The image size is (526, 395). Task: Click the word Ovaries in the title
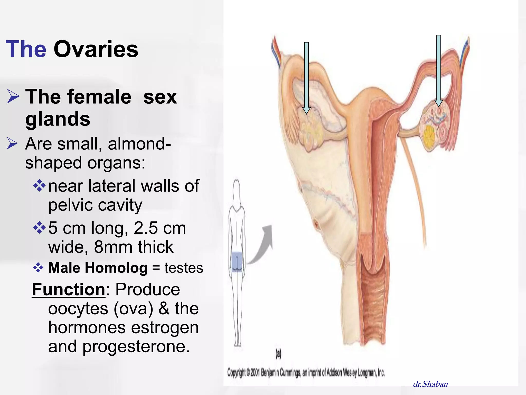96,49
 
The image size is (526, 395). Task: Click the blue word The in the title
26,49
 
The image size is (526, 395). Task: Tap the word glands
58,119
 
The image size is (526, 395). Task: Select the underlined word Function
69,290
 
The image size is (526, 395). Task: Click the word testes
184,268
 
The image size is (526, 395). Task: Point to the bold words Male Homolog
98,268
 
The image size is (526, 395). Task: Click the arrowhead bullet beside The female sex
13,96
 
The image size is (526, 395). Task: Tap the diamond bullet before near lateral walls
39,186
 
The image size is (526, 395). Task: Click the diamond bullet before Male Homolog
38,268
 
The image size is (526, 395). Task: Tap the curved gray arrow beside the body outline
262,247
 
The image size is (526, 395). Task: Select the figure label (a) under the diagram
278,354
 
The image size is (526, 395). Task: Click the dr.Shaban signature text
430,384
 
